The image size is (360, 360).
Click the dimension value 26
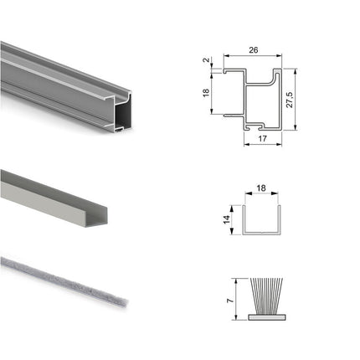[253, 50]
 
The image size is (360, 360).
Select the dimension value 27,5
[290, 100]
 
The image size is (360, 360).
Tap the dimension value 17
[262, 138]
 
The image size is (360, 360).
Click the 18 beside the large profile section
[206, 93]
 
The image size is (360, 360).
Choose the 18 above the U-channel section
[261, 188]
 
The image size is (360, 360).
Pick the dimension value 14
[227, 219]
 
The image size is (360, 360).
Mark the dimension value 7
[229, 301]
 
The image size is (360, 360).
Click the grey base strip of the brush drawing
[267, 317]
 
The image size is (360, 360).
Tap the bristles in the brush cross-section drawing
[266, 296]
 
